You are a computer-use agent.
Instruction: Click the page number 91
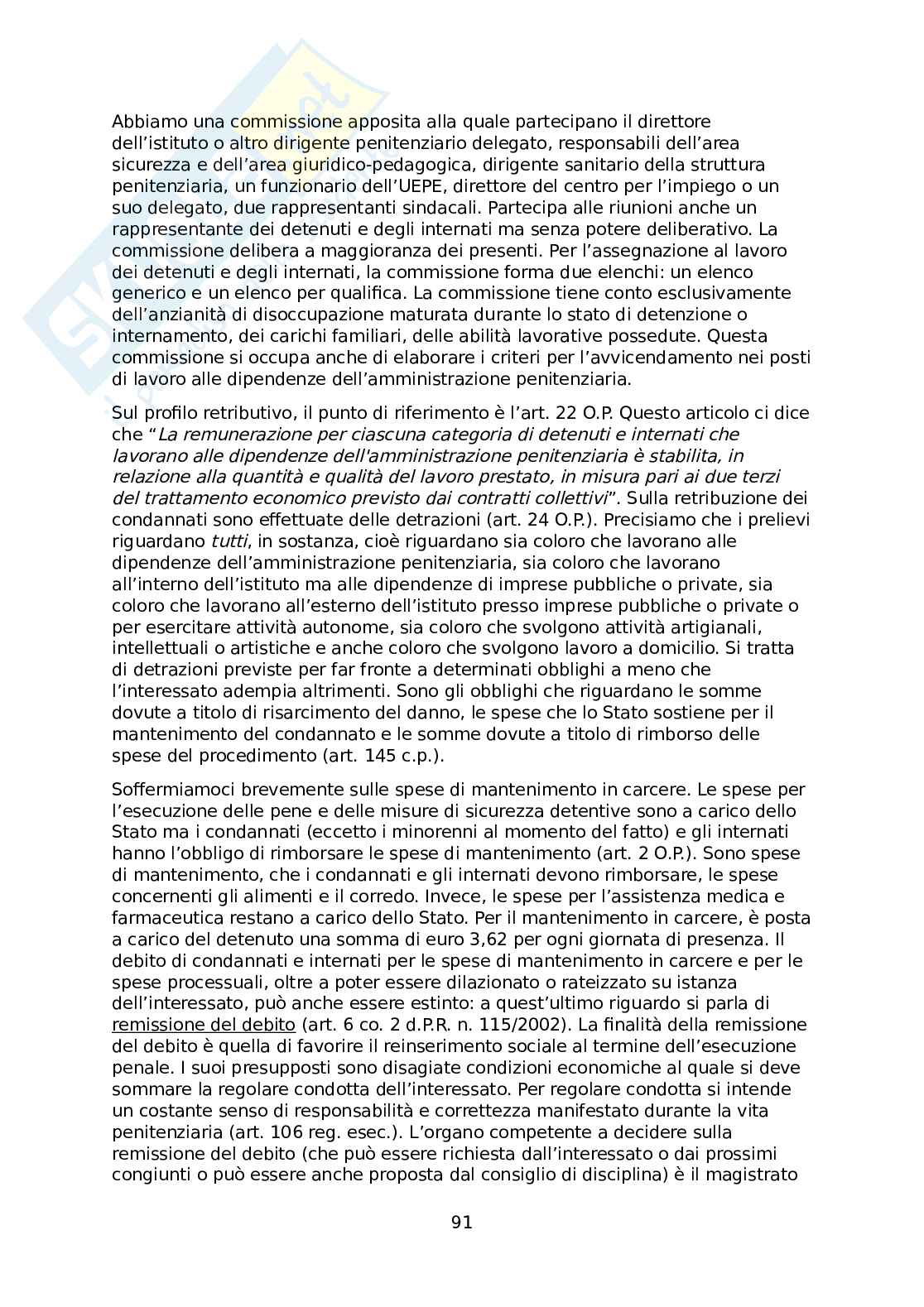point(462,1223)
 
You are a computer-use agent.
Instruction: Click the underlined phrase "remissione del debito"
point(203,1025)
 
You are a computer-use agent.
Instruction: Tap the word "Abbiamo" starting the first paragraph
point(144,122)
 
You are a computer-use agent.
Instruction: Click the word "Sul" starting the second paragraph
point(123,412)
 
